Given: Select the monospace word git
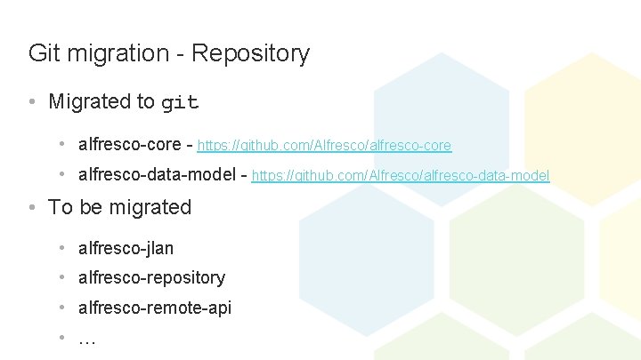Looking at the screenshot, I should [180, 103].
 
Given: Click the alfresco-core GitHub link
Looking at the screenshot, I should [324, 145].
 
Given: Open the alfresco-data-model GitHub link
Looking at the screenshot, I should [401, 176].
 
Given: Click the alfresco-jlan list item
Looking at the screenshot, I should [126, 248].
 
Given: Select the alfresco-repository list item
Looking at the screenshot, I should [151, 277].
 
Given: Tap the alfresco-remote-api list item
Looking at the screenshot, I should [155, 308].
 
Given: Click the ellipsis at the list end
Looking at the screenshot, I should [87, 339].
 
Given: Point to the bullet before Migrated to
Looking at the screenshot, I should [32, 102].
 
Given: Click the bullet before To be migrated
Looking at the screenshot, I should [32, 208].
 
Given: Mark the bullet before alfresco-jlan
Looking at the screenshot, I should [62, 248].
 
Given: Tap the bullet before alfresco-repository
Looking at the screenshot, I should [62, 277].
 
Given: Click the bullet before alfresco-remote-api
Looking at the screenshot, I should [62, 308].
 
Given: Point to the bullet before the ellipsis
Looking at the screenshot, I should [62, 338].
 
